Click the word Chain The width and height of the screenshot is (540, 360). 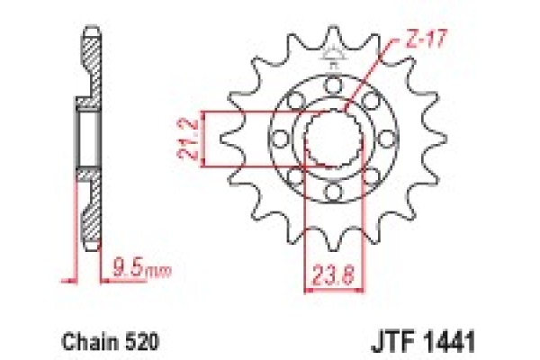[x=85, y=342]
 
